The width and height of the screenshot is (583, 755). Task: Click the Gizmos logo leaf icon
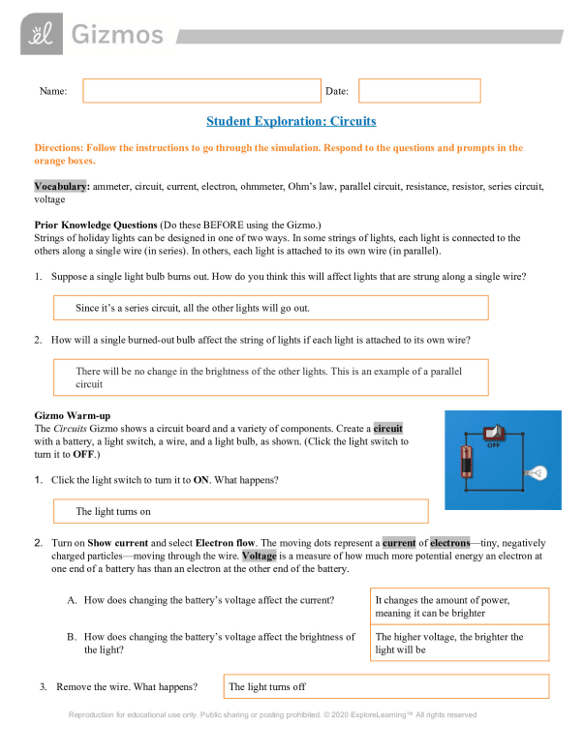pyautogui.click(x=40, y=36)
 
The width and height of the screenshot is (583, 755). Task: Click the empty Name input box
pyautogui.click(x=201, y=91)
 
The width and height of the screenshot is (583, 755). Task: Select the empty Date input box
pyautogui.click(x=419, y=91)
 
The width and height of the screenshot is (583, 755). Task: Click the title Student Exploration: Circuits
pyautogui.click(x=291, y=122)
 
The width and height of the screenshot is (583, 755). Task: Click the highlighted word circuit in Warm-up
pyautogui.click(x=387, y=427)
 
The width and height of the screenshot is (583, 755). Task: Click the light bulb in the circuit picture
pyautogui.click(x=534, y=473)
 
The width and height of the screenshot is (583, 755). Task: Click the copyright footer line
pyautogui.click(x=272, y=715)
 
